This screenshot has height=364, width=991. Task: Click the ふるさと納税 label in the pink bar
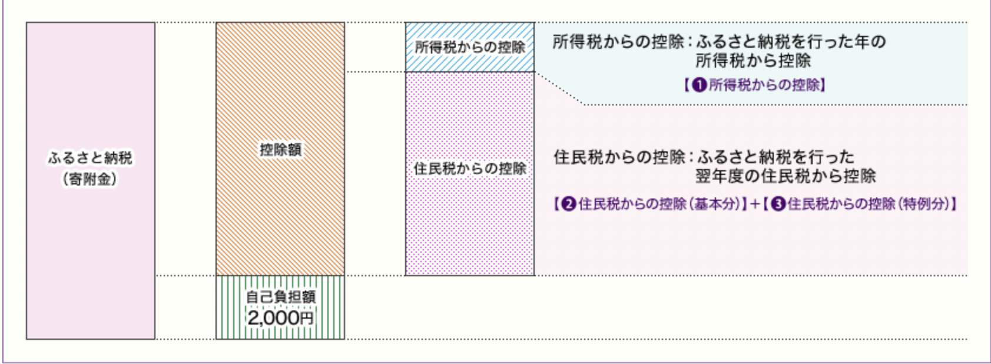(90, 158)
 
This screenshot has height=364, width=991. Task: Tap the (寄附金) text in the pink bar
(90, 179)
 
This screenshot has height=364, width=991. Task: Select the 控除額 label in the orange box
(280, 150)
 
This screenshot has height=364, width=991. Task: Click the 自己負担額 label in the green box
(280, 297)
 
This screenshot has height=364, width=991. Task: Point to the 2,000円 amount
(280, 317)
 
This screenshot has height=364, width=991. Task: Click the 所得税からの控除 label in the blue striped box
(470, 47)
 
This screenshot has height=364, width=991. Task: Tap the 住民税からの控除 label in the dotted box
(470, 168)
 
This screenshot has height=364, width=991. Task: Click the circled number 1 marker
(699, 84)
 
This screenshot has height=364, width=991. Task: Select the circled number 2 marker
(568, 204)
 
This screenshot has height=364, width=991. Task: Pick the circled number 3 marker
(778, 204)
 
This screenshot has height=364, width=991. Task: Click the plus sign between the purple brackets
(755, 204)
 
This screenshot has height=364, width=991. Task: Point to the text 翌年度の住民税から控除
(785, 176)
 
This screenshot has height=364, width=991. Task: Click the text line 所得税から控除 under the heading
(754, 61)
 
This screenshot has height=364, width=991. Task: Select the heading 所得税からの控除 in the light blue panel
(618, 42)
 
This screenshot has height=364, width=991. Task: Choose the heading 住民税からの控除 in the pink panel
(619, 157)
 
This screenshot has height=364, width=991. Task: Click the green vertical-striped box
(280, 307)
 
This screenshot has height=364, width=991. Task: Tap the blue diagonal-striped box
(470, 47)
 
